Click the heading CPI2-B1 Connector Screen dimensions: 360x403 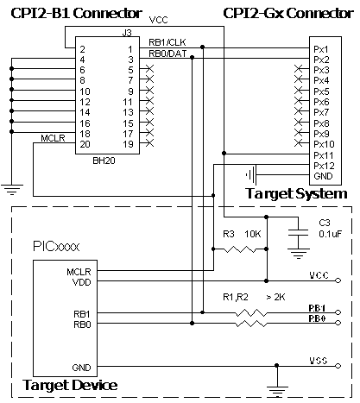[77, 13]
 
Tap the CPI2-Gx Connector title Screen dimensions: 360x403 [288, 13]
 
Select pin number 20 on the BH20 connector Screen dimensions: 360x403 [85, 144]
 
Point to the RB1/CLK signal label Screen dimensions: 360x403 [167, 42]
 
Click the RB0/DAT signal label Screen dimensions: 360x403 [167, 54]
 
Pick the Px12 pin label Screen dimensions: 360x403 [324, 166]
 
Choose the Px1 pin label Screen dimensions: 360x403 [321, 49]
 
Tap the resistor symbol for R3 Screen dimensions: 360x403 [239, 249]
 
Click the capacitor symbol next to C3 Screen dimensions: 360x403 [298, 233]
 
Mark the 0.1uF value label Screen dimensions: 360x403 [331, 234]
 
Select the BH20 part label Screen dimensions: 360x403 [104, 161]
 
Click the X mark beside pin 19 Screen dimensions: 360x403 [149, 143]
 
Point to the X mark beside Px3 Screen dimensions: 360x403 [299, 69]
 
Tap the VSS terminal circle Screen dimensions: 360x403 [338, 366]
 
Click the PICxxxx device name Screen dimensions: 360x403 [56, 247]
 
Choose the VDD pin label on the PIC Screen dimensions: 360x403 [82, 282]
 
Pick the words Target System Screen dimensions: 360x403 [296, 193]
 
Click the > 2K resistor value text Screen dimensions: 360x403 [275, 297]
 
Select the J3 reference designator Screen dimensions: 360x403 [127, 33]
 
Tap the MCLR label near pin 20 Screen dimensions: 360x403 [53, 138]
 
